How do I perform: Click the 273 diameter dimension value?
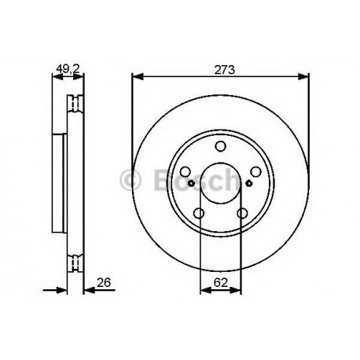[225, 70]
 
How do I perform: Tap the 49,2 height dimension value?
[68, 70]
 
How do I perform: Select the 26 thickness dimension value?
[104, 282]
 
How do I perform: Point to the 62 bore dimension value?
[221, 282]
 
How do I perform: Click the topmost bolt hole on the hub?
[220, 146]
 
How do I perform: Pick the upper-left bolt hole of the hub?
[186, 172]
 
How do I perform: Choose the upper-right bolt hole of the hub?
[255, 172]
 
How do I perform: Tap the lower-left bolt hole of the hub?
[199, 213]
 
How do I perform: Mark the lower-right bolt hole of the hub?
[242, 213]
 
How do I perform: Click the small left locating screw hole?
[192, 183]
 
